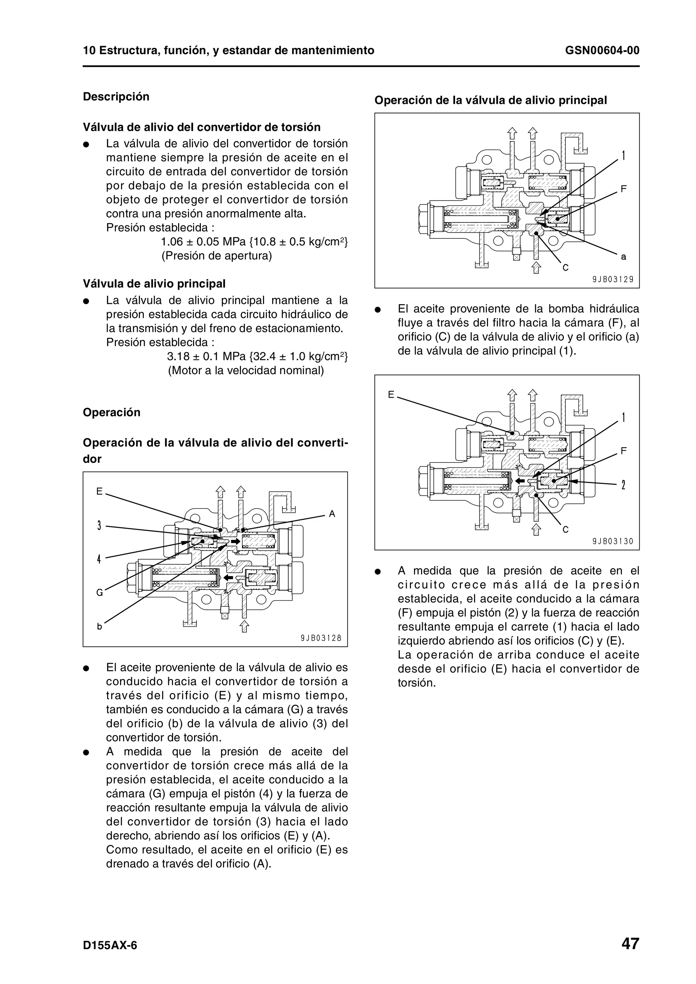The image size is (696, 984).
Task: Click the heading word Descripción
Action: (116, 96)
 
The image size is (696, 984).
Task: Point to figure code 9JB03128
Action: (321, 638)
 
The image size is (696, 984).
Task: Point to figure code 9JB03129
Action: (613, 279)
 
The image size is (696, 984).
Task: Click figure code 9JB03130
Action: (613, 541)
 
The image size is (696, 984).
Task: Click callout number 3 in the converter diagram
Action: (99, 525)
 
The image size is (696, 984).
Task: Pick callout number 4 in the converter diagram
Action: (99, 559)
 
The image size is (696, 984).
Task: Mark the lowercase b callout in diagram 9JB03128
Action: (100, 626)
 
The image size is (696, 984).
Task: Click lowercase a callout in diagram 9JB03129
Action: (624, 257)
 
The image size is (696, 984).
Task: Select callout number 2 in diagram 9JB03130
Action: (624, 485)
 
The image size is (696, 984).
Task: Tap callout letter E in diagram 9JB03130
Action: (391, 395)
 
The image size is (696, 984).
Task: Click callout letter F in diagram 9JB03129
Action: (624, 188)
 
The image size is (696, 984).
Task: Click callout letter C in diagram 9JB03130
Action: (565, 530)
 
